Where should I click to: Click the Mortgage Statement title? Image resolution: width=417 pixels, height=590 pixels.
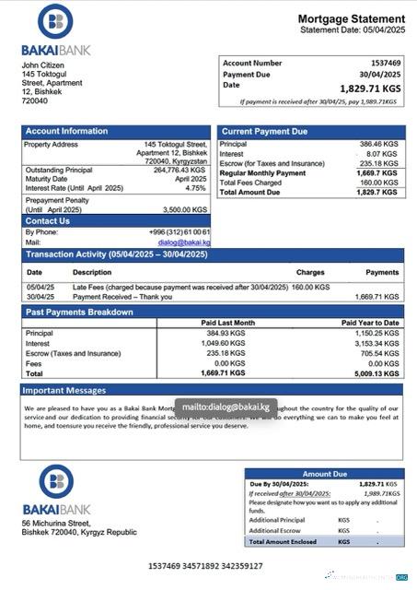[351, 19]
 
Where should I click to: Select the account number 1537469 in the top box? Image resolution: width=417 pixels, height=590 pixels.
[384, 64]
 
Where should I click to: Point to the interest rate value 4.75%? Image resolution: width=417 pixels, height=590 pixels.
[195, 187]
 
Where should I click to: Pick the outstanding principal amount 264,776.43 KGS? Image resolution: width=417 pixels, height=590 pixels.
[180, 170]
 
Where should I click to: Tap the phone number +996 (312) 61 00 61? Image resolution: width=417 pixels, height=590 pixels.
[180, 231]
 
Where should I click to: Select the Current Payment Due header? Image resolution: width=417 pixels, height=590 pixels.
[264, 132]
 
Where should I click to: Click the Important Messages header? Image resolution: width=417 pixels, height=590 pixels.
[66, 390]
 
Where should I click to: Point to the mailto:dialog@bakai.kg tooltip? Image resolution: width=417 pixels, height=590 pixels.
[225, 406]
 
